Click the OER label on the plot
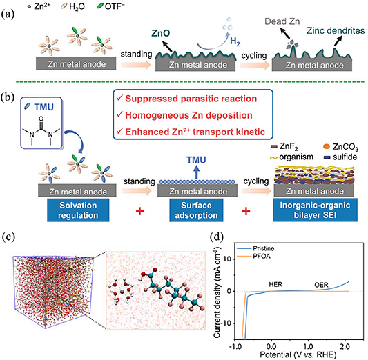tap(320, 283)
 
